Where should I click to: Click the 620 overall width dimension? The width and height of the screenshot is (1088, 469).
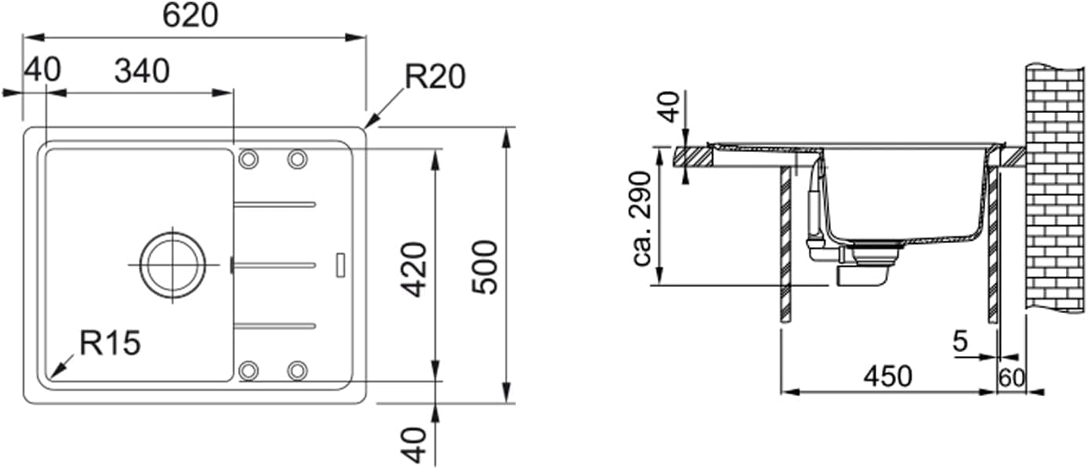[190, 16]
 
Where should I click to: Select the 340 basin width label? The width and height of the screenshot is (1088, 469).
[142, 71]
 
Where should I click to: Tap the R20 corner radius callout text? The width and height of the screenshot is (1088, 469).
[435, 77]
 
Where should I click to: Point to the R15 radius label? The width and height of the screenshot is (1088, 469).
[110, 343]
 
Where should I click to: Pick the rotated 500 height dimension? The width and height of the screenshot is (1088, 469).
[485, 267]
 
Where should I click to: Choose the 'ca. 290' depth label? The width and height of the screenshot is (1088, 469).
[642, 219]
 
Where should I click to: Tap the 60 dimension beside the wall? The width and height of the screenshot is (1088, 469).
[1012, 378]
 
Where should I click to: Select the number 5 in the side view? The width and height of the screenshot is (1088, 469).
[960, 341]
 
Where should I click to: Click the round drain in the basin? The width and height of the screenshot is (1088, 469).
[172, 265]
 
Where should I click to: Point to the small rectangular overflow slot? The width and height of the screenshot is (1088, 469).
[339, 264]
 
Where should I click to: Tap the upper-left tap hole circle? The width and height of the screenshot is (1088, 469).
[248, 159]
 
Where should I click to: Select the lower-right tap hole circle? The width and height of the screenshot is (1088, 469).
[297, 369]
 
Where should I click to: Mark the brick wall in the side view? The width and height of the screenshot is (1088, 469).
[1054, 188]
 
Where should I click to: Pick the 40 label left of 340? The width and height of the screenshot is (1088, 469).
[42, 71]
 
